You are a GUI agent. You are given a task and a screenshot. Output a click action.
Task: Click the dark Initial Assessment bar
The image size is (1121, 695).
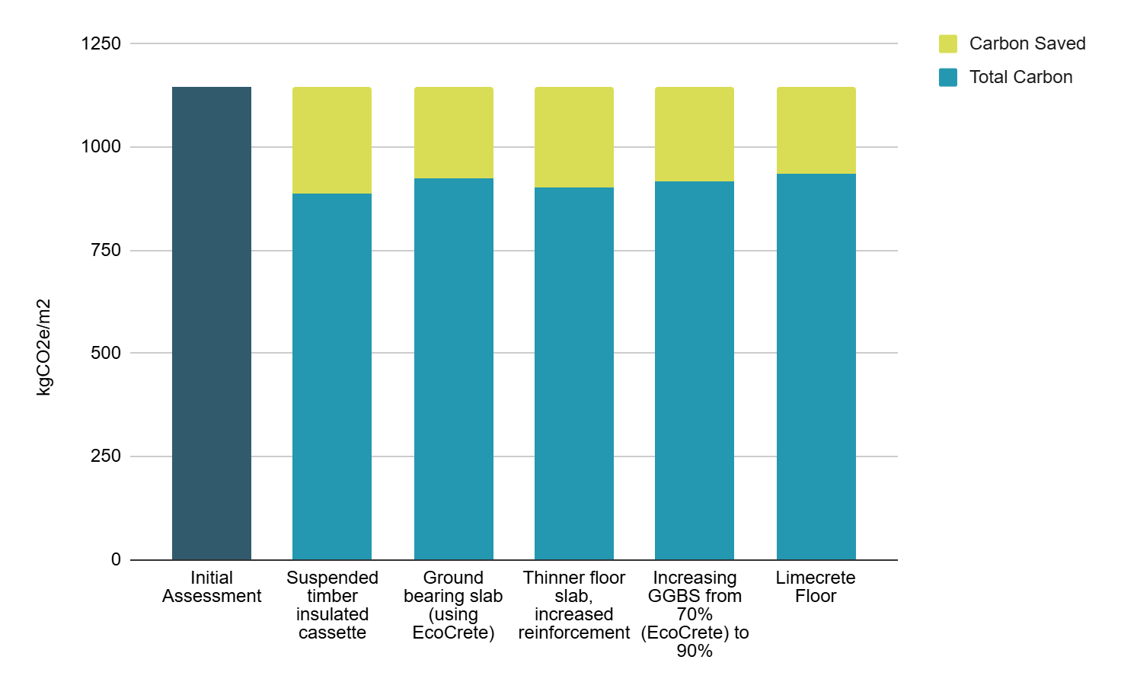point(212,323)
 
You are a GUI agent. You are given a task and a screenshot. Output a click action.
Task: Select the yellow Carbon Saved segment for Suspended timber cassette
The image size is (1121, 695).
point(332,140)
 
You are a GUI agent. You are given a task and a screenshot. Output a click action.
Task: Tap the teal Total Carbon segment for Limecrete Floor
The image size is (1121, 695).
point(816,367)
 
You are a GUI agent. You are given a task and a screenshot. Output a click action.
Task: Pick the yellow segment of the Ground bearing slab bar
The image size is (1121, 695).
point(453,133)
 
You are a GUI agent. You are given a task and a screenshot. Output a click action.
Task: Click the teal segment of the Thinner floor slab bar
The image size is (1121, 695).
point(574,373)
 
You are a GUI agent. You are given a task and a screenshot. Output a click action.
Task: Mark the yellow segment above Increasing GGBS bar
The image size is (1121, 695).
point(695,134)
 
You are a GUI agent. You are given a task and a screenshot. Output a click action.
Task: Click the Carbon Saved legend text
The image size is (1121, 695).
point(1027,43)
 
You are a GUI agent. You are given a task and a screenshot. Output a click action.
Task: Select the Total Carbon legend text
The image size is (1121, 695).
point(1021,77)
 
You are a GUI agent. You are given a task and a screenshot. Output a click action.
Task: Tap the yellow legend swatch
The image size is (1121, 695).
point(948,43)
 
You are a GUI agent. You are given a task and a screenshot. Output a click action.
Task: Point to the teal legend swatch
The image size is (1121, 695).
point(948,77)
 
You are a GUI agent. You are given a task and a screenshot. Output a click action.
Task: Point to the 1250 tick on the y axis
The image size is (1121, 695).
point(101,43)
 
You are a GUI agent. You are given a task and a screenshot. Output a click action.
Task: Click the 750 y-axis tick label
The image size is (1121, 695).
point(106,250)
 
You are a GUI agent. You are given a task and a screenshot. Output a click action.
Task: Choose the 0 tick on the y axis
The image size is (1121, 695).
point(116,559)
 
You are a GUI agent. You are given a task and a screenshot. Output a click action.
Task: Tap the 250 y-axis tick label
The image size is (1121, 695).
point(106,456)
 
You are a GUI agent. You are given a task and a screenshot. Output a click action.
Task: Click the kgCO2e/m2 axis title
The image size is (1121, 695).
point(44,347)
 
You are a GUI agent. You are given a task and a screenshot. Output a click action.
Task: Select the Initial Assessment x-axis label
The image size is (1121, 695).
point(212,587)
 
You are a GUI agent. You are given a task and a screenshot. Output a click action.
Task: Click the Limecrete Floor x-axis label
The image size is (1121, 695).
point(816,587)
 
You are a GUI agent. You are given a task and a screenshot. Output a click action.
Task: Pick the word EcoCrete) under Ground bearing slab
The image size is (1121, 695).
point(453,633)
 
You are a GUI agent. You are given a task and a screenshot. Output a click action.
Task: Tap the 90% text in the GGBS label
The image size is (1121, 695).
point(695,651)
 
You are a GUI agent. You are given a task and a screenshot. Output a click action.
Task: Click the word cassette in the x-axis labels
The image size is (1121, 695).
point(332,633)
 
